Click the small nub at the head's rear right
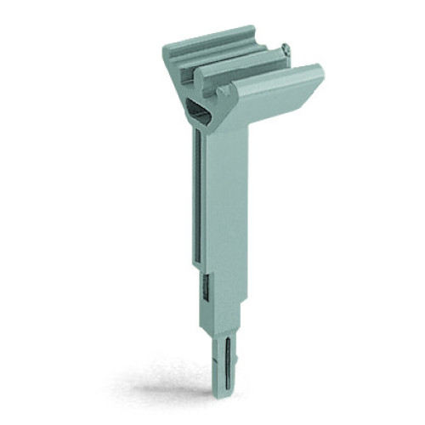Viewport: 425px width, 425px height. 286,53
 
